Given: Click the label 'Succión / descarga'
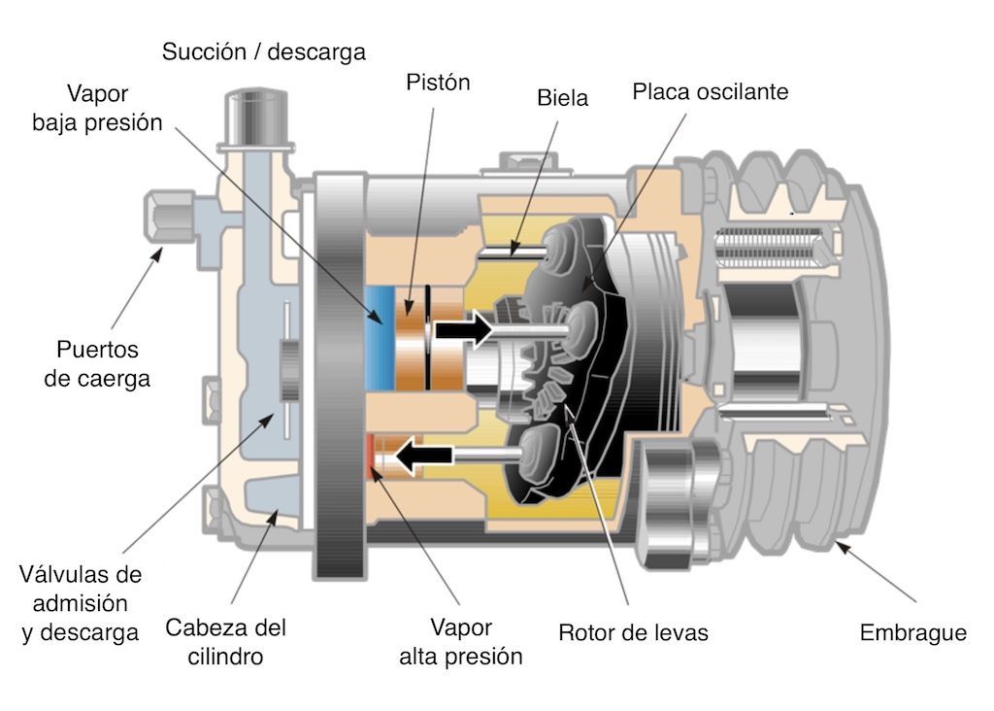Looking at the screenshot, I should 264,51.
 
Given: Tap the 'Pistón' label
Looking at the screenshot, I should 437,83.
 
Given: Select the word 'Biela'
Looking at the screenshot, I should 562,98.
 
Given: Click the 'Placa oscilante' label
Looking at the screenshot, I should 711,92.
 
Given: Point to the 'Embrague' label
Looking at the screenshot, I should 912,633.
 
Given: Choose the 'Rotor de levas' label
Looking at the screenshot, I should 633,633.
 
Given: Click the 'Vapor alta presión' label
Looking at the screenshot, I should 461,642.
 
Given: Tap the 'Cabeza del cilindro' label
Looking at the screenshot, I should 225,642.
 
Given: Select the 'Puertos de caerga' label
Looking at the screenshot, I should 97,364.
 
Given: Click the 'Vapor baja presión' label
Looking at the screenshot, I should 97,109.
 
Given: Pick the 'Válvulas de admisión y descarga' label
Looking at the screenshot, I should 81,603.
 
